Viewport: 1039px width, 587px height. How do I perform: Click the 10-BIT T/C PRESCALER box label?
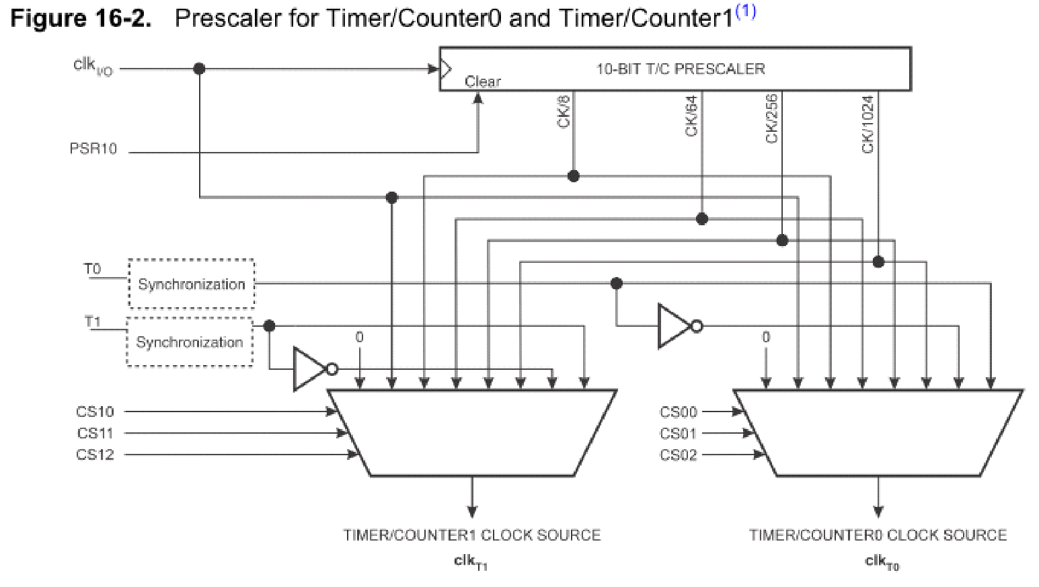[680, 69]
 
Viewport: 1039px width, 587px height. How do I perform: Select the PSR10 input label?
[93, 149]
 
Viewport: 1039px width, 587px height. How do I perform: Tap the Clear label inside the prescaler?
[483, 81]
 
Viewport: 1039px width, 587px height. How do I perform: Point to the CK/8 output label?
[564, 112]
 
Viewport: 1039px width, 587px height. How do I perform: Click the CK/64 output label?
[691, 116]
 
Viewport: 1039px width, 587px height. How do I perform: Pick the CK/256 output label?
[771, 118]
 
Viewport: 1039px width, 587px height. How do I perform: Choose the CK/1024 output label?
[868, 124]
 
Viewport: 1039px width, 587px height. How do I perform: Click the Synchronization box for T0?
[192, 284]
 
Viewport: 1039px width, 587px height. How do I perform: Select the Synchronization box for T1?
[190, 342]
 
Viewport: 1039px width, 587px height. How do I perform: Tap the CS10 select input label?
[95, 412]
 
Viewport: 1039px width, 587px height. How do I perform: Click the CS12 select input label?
[95, 455]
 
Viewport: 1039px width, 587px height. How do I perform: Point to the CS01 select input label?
[678, 434]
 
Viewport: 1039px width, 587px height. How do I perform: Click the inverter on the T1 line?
[311, 369]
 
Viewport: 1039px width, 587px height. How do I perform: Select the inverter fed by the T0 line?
[675, 327]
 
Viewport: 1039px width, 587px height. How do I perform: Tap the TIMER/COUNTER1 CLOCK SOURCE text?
[471, 535]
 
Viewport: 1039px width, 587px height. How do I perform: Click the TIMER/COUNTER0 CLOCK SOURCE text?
[878, 535]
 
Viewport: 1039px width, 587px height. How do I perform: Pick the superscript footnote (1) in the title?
[745, 12]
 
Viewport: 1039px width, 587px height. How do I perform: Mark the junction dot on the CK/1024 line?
[878, 262]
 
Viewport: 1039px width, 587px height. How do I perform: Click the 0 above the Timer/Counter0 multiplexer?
[765, 338]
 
